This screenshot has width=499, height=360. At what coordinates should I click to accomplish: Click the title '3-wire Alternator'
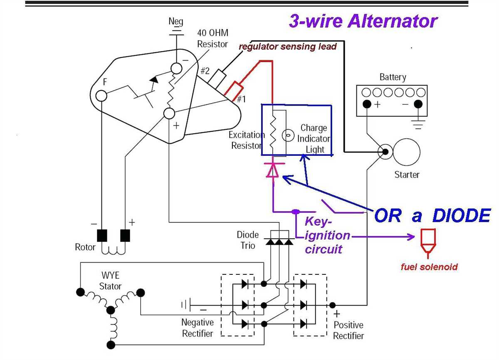(363, 21)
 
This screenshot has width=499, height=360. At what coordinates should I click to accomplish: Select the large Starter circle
(407, 153)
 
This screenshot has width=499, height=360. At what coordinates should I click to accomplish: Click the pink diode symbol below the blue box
(272, 170)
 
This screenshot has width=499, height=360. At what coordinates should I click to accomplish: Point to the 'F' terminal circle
(101, 96)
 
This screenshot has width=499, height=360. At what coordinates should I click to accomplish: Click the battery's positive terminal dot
(367, 104)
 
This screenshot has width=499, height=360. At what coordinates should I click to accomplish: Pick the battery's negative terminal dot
(418, 104)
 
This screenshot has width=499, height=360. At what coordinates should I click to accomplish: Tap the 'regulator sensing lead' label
(287, 47)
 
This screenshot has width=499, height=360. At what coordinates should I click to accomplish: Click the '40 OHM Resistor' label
(212, 38)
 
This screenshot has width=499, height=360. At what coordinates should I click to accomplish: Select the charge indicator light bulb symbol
(287, 135)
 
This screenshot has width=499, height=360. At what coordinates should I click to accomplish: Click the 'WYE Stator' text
(110, 281)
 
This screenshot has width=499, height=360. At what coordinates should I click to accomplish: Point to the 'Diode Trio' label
(248, 240)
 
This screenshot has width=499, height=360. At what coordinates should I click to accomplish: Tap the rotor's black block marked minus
(102, 235)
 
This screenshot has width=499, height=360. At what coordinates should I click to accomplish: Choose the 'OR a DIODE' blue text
(432, 216)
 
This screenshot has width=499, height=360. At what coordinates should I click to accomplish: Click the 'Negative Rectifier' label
(198, 328)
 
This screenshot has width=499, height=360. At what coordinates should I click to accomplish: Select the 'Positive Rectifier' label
(348, 330)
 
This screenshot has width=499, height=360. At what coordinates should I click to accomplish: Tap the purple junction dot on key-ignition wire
(295, 212)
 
